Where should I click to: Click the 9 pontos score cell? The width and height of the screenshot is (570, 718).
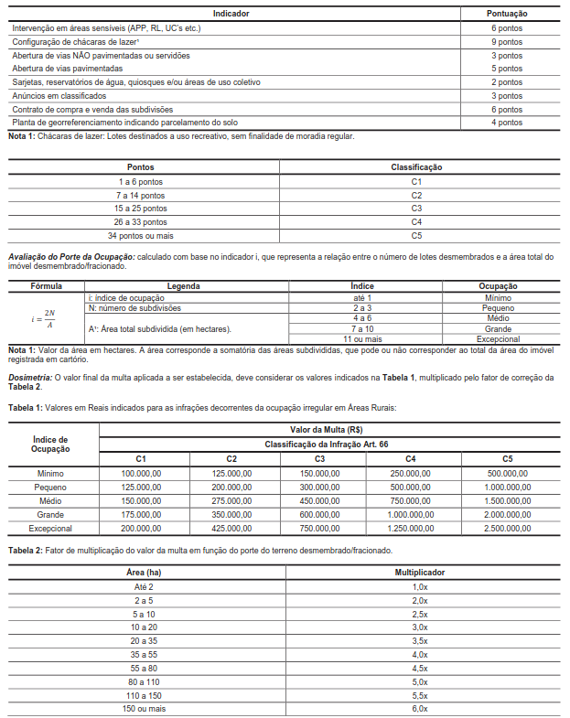[x=507, y=42]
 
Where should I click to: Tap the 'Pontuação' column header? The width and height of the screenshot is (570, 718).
[x=507, y=15]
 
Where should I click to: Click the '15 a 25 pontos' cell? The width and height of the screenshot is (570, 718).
[x=141, y=209]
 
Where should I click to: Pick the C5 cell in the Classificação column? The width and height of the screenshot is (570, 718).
[x=416, y=235]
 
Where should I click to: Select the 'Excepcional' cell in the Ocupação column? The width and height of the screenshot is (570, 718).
[x=499, y=339]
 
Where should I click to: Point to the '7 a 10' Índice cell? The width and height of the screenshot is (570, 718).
[x=363, y=329]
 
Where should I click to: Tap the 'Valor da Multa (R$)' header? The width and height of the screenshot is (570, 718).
[x=327, y=429]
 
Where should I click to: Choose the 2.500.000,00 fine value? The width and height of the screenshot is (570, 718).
[x=508, y=529]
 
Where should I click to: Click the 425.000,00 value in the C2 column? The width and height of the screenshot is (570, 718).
[x=231, y=529]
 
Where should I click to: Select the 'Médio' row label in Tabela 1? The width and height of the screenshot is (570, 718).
[x=50, y=501]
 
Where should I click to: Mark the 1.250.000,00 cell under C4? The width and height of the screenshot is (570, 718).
[x=411, y=529]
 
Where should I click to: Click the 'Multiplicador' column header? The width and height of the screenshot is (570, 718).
[x=420, y=572]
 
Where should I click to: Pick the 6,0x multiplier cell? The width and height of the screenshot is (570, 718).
[x=420, y=709]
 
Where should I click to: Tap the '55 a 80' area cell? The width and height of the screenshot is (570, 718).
[x=145, y=668]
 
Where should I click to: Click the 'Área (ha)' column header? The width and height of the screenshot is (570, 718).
[x=145, y=572]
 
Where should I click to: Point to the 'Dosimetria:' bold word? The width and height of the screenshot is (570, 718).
[x=29, y=377]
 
